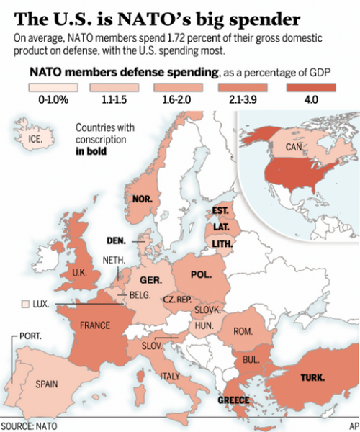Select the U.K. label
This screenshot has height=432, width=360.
coord(76,273)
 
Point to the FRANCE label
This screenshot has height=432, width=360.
coord(94,325)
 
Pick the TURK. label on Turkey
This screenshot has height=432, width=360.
coord(312,377)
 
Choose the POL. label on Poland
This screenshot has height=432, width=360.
coord(202,274)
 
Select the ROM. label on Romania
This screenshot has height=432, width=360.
coord(243,332)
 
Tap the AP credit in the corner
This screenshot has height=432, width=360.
coord(352,425)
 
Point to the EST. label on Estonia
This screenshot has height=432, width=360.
coord(220,211)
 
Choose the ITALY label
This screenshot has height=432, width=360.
coord(170,376)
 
